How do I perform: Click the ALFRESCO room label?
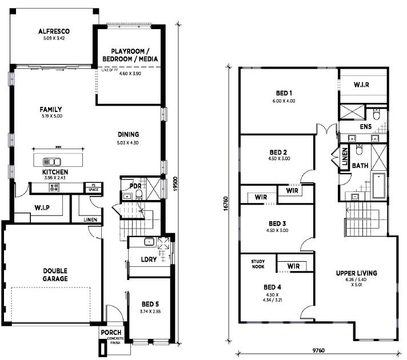tap(54, 31)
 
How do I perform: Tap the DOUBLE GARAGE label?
tap(54, 274)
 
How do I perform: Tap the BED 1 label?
tap(283, 93)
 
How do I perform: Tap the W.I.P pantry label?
tap(40, 208)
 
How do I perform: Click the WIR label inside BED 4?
tap(294, 266)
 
